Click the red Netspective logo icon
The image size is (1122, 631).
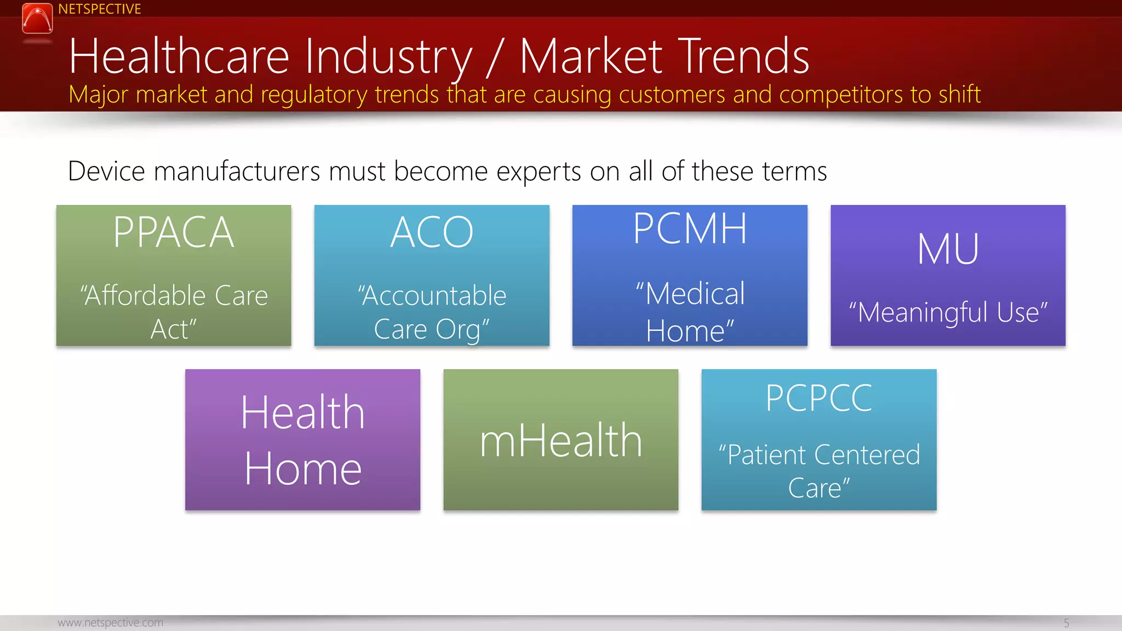pyautogui.click(x=37, y=19)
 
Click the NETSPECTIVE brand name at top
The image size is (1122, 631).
pyautogui.click(x=99, y=9)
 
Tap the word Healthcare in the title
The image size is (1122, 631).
pyautogui.click(x=179, y=56)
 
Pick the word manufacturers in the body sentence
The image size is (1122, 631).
pyautogui.click(x=237, y=171)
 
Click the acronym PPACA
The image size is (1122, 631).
pyautogui.click(x=174, y=233)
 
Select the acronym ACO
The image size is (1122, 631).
pyautogui.click(x=432, y=233)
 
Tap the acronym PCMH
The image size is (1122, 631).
pyautogui.click(x=690, y=229)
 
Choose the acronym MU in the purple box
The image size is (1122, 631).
pyautogui.click(x=948, y=250)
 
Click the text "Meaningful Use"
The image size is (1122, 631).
pyautogui.click(x=948, y=313)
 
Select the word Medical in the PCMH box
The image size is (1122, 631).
pyautogui.click(x=694, y=294)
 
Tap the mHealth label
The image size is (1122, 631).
pyautogui.click(x=560, y=441)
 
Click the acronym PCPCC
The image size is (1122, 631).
pyautogui.click(x=818, y=398)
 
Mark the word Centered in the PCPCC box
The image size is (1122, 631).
pyautogui.click(x=867, y=455)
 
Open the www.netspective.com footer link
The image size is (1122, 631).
pyautogui.click(x=110, y=623)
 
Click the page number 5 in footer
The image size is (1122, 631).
pyautogui.click(x=1066, y=623)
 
